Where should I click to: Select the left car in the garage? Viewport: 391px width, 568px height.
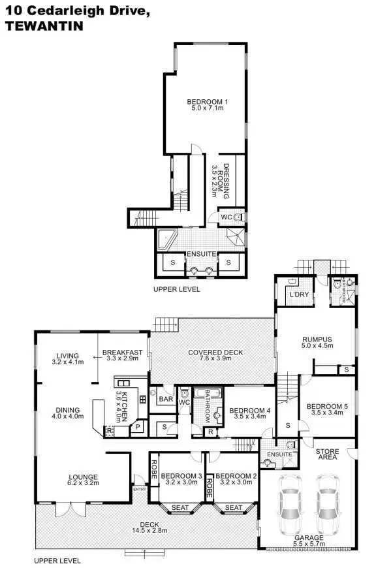pos(289,504)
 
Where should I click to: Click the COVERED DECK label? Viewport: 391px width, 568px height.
pos(215,353)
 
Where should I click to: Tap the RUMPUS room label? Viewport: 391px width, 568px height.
pos(317,339)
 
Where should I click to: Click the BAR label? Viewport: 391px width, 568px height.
pos(166,398)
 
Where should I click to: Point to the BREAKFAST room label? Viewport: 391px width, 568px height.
pos(122,353)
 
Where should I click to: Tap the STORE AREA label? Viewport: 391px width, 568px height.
pos(326,454)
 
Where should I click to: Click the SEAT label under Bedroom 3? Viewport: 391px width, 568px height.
pos(177,507)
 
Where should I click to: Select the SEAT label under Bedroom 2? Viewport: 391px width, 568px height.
pos(232,507)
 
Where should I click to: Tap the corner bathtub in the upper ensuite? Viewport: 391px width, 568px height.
pos(168,239)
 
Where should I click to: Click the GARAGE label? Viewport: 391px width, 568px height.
pos(308,537)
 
